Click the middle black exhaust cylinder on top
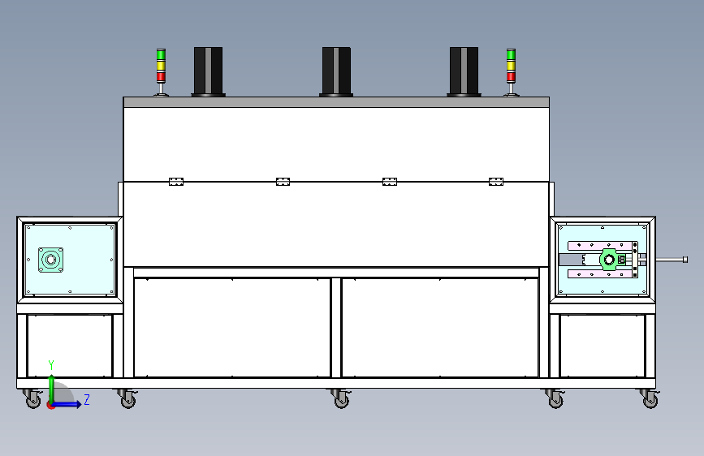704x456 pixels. (x=336, y=71)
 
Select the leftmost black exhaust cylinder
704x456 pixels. (x=209, y=71)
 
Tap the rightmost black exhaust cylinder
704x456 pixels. (x=464, y=71)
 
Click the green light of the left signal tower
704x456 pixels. (x=161, y=55)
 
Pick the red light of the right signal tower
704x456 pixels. (x=511, y=77)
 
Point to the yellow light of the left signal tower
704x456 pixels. (x=161, y=66)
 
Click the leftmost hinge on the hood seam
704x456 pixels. (x=176, y=181)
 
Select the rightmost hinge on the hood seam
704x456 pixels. (x=496, y=181)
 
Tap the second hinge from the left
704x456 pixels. (x=283, y=181)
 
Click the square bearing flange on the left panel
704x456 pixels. (x=50, y=260)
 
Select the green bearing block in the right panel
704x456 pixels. (x=610, y=260)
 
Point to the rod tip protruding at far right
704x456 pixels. (x=685, y=260)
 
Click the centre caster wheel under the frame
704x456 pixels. (x=341, y=398)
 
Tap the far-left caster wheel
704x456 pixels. (x=32, y=398)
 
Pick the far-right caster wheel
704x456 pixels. (x=650, y=398)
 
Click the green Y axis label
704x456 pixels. (x=51, y=364)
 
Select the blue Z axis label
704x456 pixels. (x=87, y=399)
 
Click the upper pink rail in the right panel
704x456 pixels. (x=600, y=246)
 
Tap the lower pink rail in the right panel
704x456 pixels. (x=600, y=273)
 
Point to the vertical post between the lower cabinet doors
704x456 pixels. (x=336, y=328)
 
